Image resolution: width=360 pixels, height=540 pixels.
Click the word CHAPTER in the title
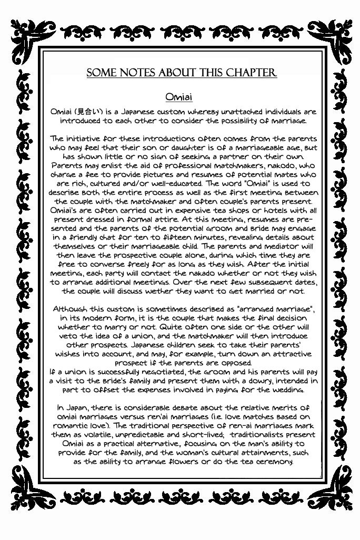251,73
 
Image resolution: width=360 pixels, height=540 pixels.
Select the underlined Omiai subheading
179,97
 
